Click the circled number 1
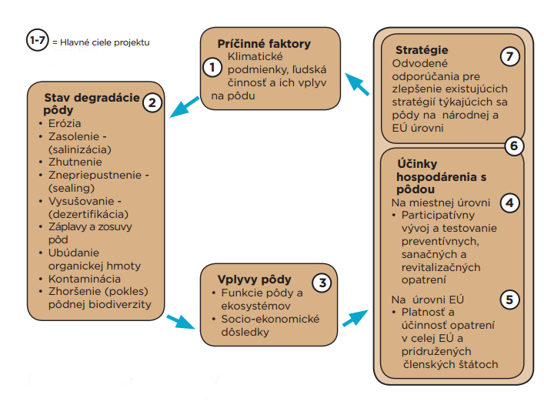(212, 67)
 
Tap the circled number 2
(152, 102)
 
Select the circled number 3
(322, 283)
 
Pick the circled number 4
(509, 202)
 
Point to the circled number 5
(509, 300)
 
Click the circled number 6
(514, 146)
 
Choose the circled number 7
(509, 56)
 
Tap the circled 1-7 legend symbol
(38, 40)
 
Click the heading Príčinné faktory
(264, 44)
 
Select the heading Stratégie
(422, 50)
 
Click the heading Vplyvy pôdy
(255, 279)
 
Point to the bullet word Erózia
(65, 123)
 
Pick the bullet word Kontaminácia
(85, 279)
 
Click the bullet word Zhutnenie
(75, 162)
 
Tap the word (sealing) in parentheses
(72, 188)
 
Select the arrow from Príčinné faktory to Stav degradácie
(184, 107)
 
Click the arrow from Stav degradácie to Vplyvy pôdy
(181, 322)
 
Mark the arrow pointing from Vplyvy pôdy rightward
(355, 318)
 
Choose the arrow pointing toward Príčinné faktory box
(357, 84)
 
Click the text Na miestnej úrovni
(441, 202)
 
